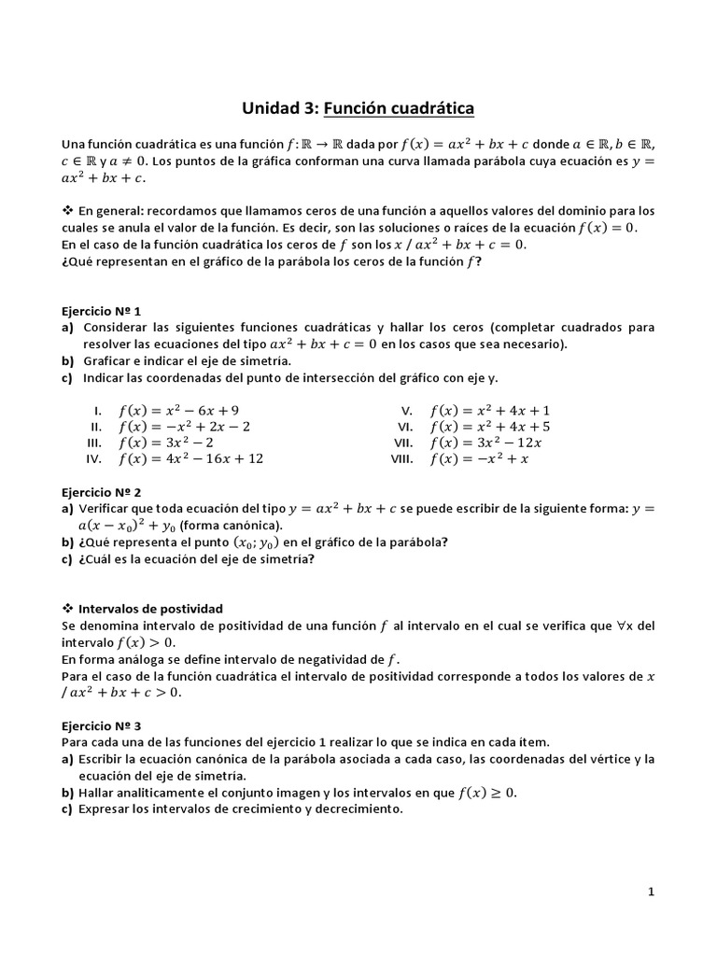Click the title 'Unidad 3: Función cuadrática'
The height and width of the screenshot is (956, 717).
358,109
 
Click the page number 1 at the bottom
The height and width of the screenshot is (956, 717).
651,892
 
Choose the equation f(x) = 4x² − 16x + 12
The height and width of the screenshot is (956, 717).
190,459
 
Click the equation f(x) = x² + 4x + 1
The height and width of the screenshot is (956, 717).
489,410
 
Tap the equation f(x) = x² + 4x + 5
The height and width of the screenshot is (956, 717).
489,427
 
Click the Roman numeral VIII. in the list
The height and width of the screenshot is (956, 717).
401,459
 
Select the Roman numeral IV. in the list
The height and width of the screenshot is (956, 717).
93,459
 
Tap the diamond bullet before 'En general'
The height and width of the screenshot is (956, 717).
66,210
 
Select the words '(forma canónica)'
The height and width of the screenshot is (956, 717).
235,525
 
